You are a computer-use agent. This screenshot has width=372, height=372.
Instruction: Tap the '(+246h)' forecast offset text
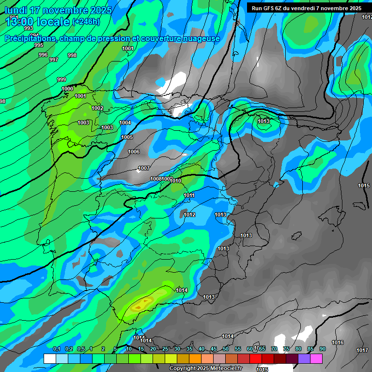[x=86, y=21]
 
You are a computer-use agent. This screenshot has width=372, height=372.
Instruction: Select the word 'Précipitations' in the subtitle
[x=30, y=38]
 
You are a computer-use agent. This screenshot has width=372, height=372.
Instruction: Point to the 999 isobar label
[x=62, y=79]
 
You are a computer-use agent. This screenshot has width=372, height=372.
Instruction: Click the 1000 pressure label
[x=67, y=89]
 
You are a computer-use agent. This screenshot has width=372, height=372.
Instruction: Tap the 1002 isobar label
[x=97, y=108]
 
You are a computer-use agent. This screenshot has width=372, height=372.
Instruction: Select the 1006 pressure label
[x=134, y=152]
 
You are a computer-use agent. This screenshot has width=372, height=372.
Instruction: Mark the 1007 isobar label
[x=144, y=169]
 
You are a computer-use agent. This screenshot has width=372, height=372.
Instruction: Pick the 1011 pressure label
[x=189, y=195]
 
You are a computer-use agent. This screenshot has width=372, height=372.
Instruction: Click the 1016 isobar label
[x=338, y=342]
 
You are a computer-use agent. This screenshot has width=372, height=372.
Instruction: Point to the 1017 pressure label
[x=362, y=350]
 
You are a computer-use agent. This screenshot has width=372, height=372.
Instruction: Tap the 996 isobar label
[x=43, y=55]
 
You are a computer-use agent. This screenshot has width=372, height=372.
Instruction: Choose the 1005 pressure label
[x=127, y=137]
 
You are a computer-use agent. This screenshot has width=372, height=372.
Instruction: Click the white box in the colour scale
[x=49, y=358]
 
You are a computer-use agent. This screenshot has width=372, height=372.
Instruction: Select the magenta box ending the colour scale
[x=316, y=358]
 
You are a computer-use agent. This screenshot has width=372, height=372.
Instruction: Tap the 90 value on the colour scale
[x=323, y=349]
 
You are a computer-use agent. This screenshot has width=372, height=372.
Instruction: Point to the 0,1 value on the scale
[x=57, y=349]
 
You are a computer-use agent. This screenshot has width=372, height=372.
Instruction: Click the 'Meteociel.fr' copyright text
[x=223, y=369]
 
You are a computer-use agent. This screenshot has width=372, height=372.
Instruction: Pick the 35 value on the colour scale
[x=189, y=349]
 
